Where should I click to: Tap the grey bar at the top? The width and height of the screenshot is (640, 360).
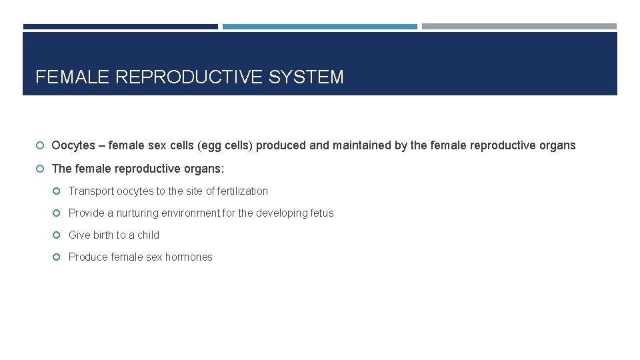tap(519, 27)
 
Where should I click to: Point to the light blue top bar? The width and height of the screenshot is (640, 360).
tap(319, 27)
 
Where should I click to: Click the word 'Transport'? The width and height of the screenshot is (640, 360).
tap(91, 191)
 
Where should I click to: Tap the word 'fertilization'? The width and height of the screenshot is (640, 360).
tap(243, 191)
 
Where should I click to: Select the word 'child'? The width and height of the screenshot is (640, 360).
tap(148, 235)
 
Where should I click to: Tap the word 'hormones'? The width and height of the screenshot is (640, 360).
tap(189, 257)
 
